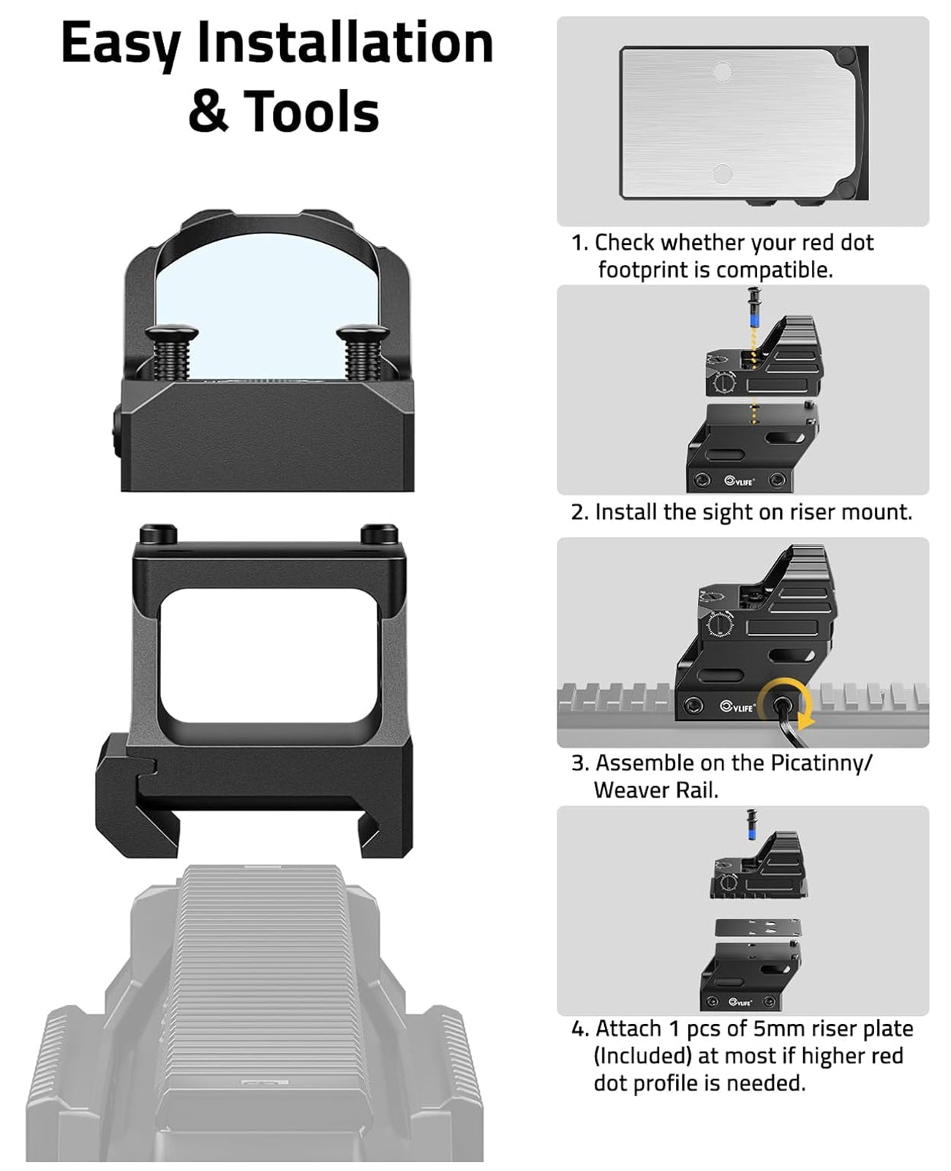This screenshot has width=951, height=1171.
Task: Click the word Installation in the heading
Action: pos(345,44)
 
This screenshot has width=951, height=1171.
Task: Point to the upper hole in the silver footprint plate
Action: pos(722,72)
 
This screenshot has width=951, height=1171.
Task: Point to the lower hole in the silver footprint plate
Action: pos(722,173)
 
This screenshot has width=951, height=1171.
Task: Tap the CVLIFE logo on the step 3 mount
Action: pos(737,707)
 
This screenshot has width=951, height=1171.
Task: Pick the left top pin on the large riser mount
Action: pos(158,533)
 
